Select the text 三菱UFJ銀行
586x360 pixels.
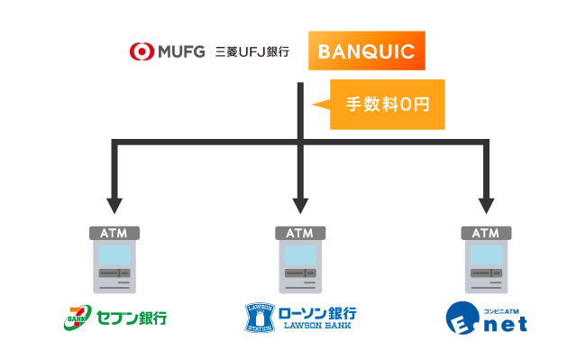[252, 51]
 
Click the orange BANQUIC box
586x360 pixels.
[366, 51]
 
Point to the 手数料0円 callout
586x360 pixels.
[388, 104]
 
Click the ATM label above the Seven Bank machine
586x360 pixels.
[114, 233]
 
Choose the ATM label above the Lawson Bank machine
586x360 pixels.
[300, 233]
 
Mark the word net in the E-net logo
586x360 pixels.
[506, 323]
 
